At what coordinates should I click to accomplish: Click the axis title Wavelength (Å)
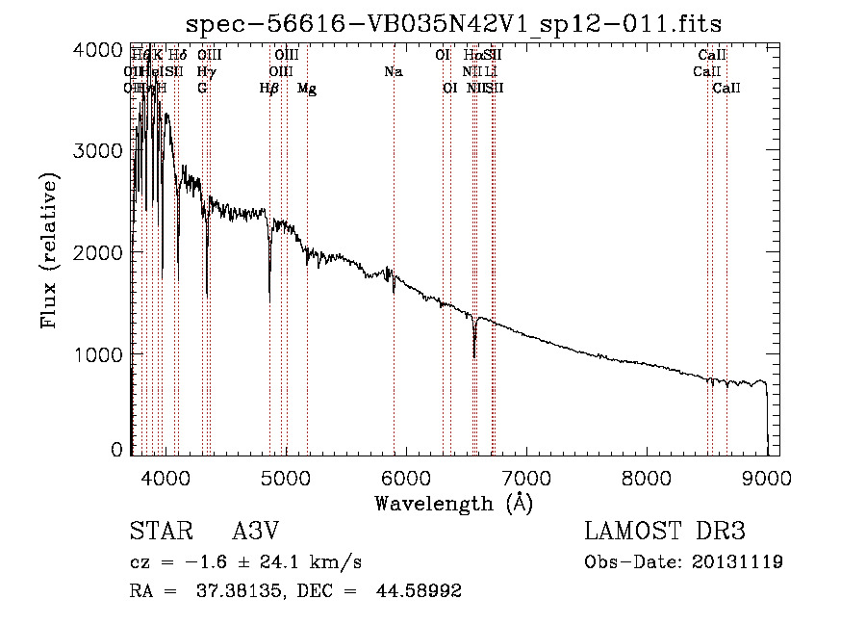(x=453, y=502)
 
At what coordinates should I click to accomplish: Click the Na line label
(x=393, y=71)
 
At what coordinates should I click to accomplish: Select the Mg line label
(x=307, y=88)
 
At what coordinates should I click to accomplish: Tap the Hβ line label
(x=269, y=88)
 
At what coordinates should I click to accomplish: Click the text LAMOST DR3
(x=665, y=532)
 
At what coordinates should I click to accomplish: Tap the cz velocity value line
(x=245, y=561)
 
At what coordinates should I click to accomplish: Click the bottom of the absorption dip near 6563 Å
(x=473, y=355)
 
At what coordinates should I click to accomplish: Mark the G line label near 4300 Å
(x=202, y=88)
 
